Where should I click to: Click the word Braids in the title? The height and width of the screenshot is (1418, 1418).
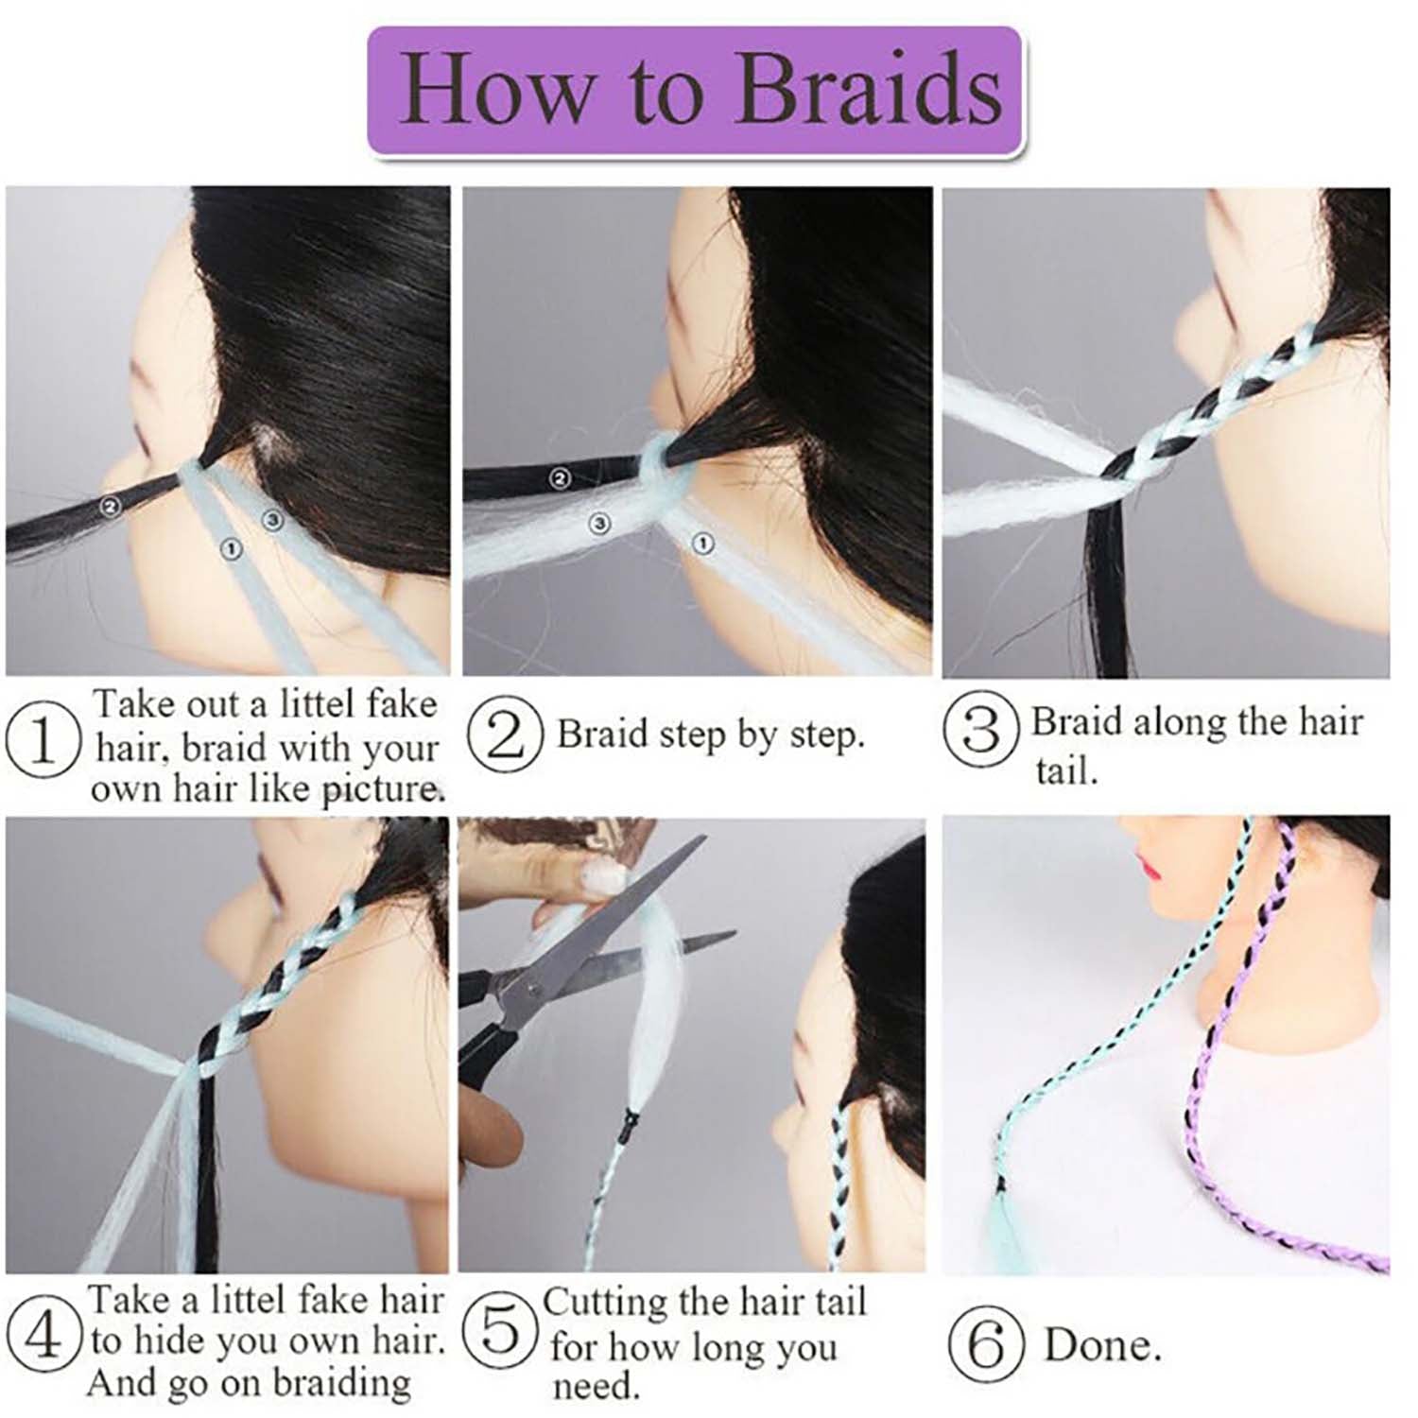coord(869,89)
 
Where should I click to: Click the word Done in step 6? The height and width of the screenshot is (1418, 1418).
coord(1102,1345)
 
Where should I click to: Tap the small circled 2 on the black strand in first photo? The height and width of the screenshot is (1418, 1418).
coord(111,507)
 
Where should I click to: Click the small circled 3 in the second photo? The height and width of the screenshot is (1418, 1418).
coord(598,522)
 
